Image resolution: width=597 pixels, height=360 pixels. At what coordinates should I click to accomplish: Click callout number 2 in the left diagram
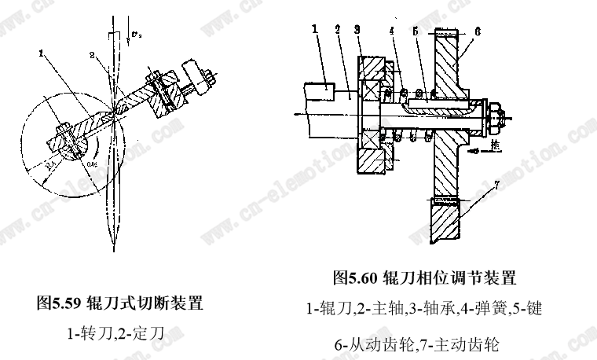tap(91, 56)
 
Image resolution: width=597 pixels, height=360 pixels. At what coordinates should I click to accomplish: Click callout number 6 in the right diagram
tap(477, 29)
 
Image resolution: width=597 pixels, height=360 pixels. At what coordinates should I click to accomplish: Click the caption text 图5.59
tap(60, 303)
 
